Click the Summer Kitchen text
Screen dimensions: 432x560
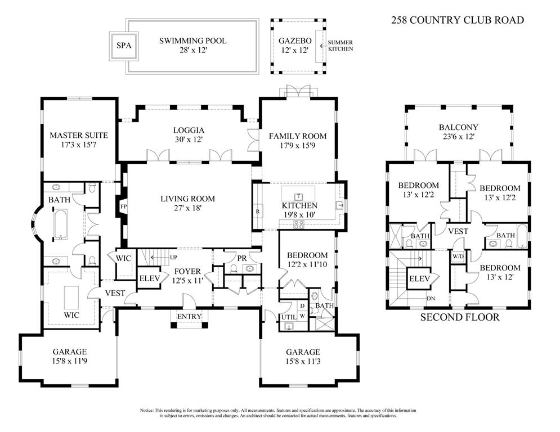341,46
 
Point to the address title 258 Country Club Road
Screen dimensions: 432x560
458,20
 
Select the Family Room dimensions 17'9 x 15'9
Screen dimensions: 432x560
297,146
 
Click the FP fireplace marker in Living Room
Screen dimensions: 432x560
123,206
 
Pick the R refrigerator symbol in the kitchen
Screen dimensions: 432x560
258,211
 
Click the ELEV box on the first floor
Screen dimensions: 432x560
150,278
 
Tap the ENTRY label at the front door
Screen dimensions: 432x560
189,317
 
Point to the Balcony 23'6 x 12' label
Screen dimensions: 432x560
458,132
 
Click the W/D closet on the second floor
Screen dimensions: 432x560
458,256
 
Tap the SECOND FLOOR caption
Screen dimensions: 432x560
460,317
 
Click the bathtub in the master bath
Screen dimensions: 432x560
60,224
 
